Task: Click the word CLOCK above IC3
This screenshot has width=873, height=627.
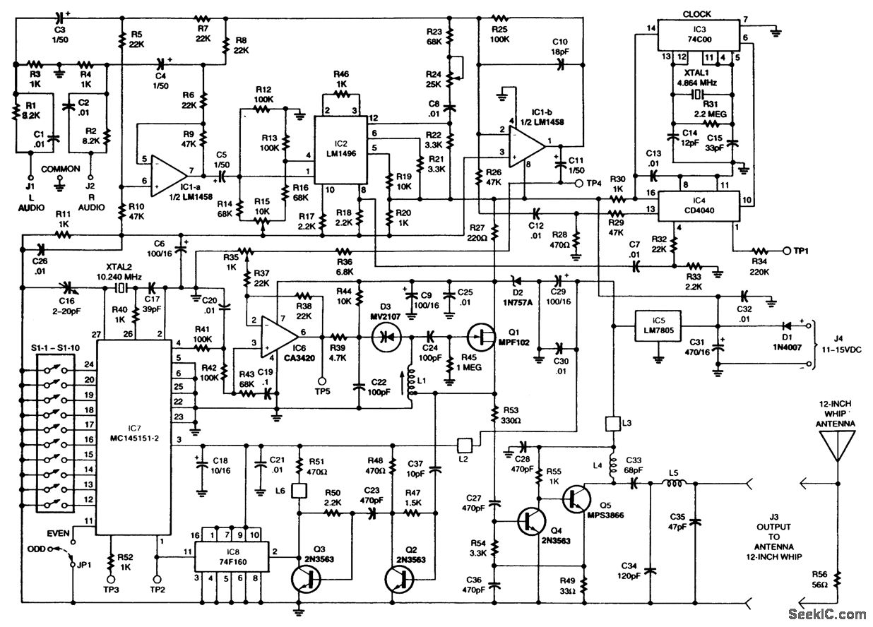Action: tap(697, 14)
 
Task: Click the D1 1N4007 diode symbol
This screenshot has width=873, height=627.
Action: tap(786, 326)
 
